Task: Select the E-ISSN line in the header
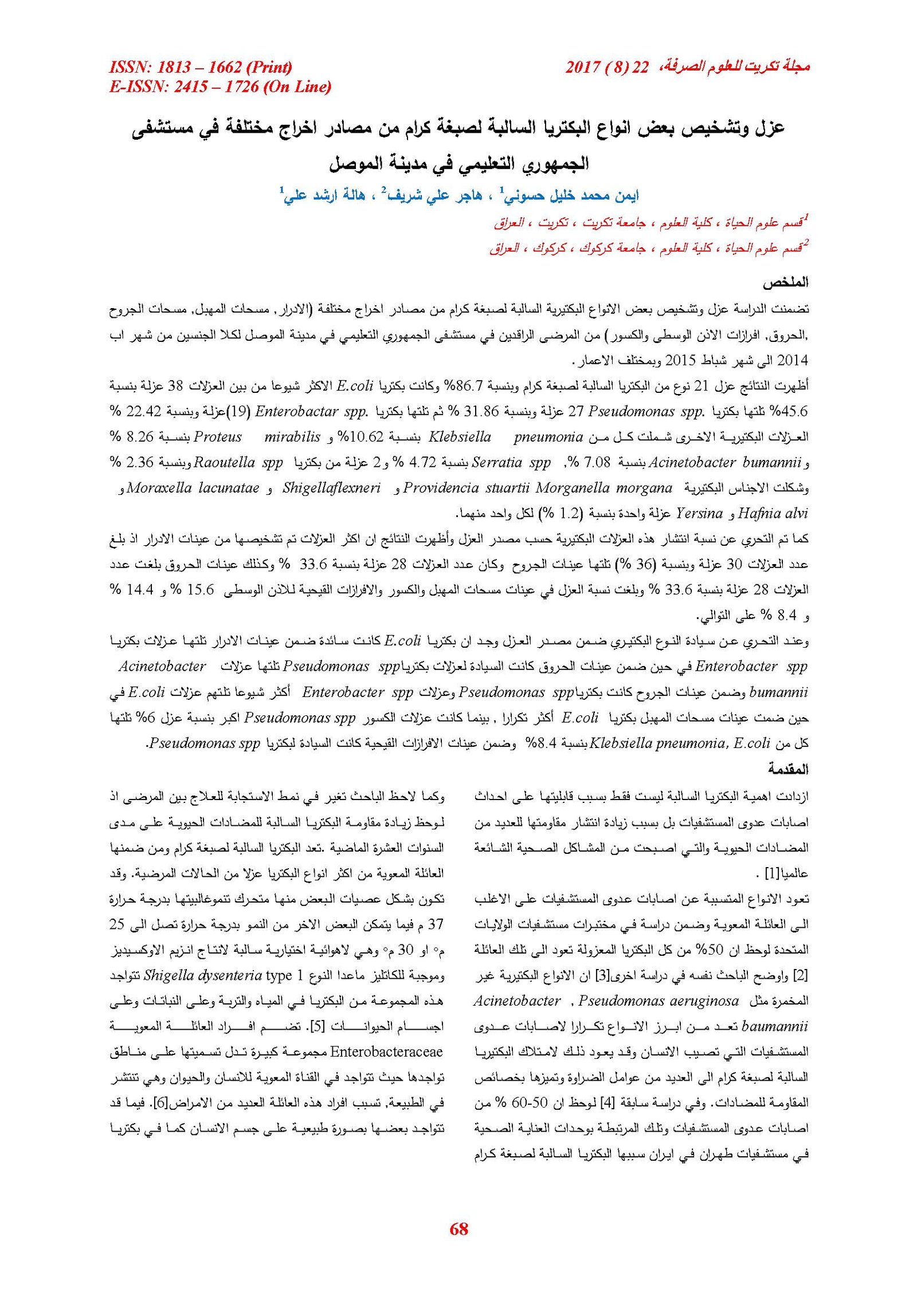(220, 87)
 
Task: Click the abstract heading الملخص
(785, 282)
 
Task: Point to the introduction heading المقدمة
(788, 769)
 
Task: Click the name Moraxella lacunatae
(193, 488)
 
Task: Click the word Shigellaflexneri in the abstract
(331, 488)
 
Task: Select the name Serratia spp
(511, 462)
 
